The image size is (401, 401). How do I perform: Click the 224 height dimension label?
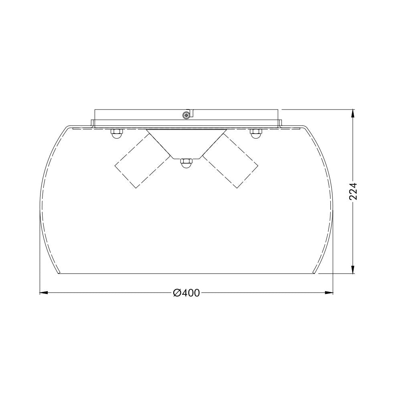tap(353, 192)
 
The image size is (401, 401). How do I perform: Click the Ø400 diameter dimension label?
tap(186, 293)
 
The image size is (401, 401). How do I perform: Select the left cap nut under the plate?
tap(116, 134)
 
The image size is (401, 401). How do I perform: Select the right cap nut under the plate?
tap(256, 134)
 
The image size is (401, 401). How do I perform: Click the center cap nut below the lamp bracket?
tap(186, 164)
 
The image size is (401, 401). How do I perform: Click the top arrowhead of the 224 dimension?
tap(353, 114)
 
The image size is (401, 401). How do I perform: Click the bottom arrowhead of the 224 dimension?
tap(353, 269)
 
